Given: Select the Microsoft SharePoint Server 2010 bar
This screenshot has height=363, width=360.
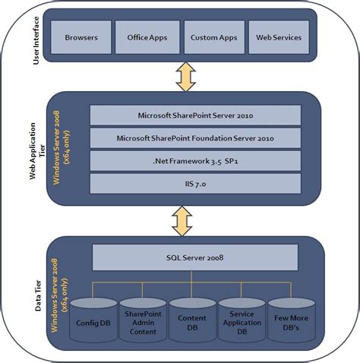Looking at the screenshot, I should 195,115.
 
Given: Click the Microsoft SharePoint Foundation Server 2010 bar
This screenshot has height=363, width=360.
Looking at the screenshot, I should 195,138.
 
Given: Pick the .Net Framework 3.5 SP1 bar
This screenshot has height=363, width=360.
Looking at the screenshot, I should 195,161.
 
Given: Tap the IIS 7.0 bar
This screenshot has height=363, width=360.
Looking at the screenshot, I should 195,184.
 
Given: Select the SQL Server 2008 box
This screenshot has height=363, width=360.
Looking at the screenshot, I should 195,257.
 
